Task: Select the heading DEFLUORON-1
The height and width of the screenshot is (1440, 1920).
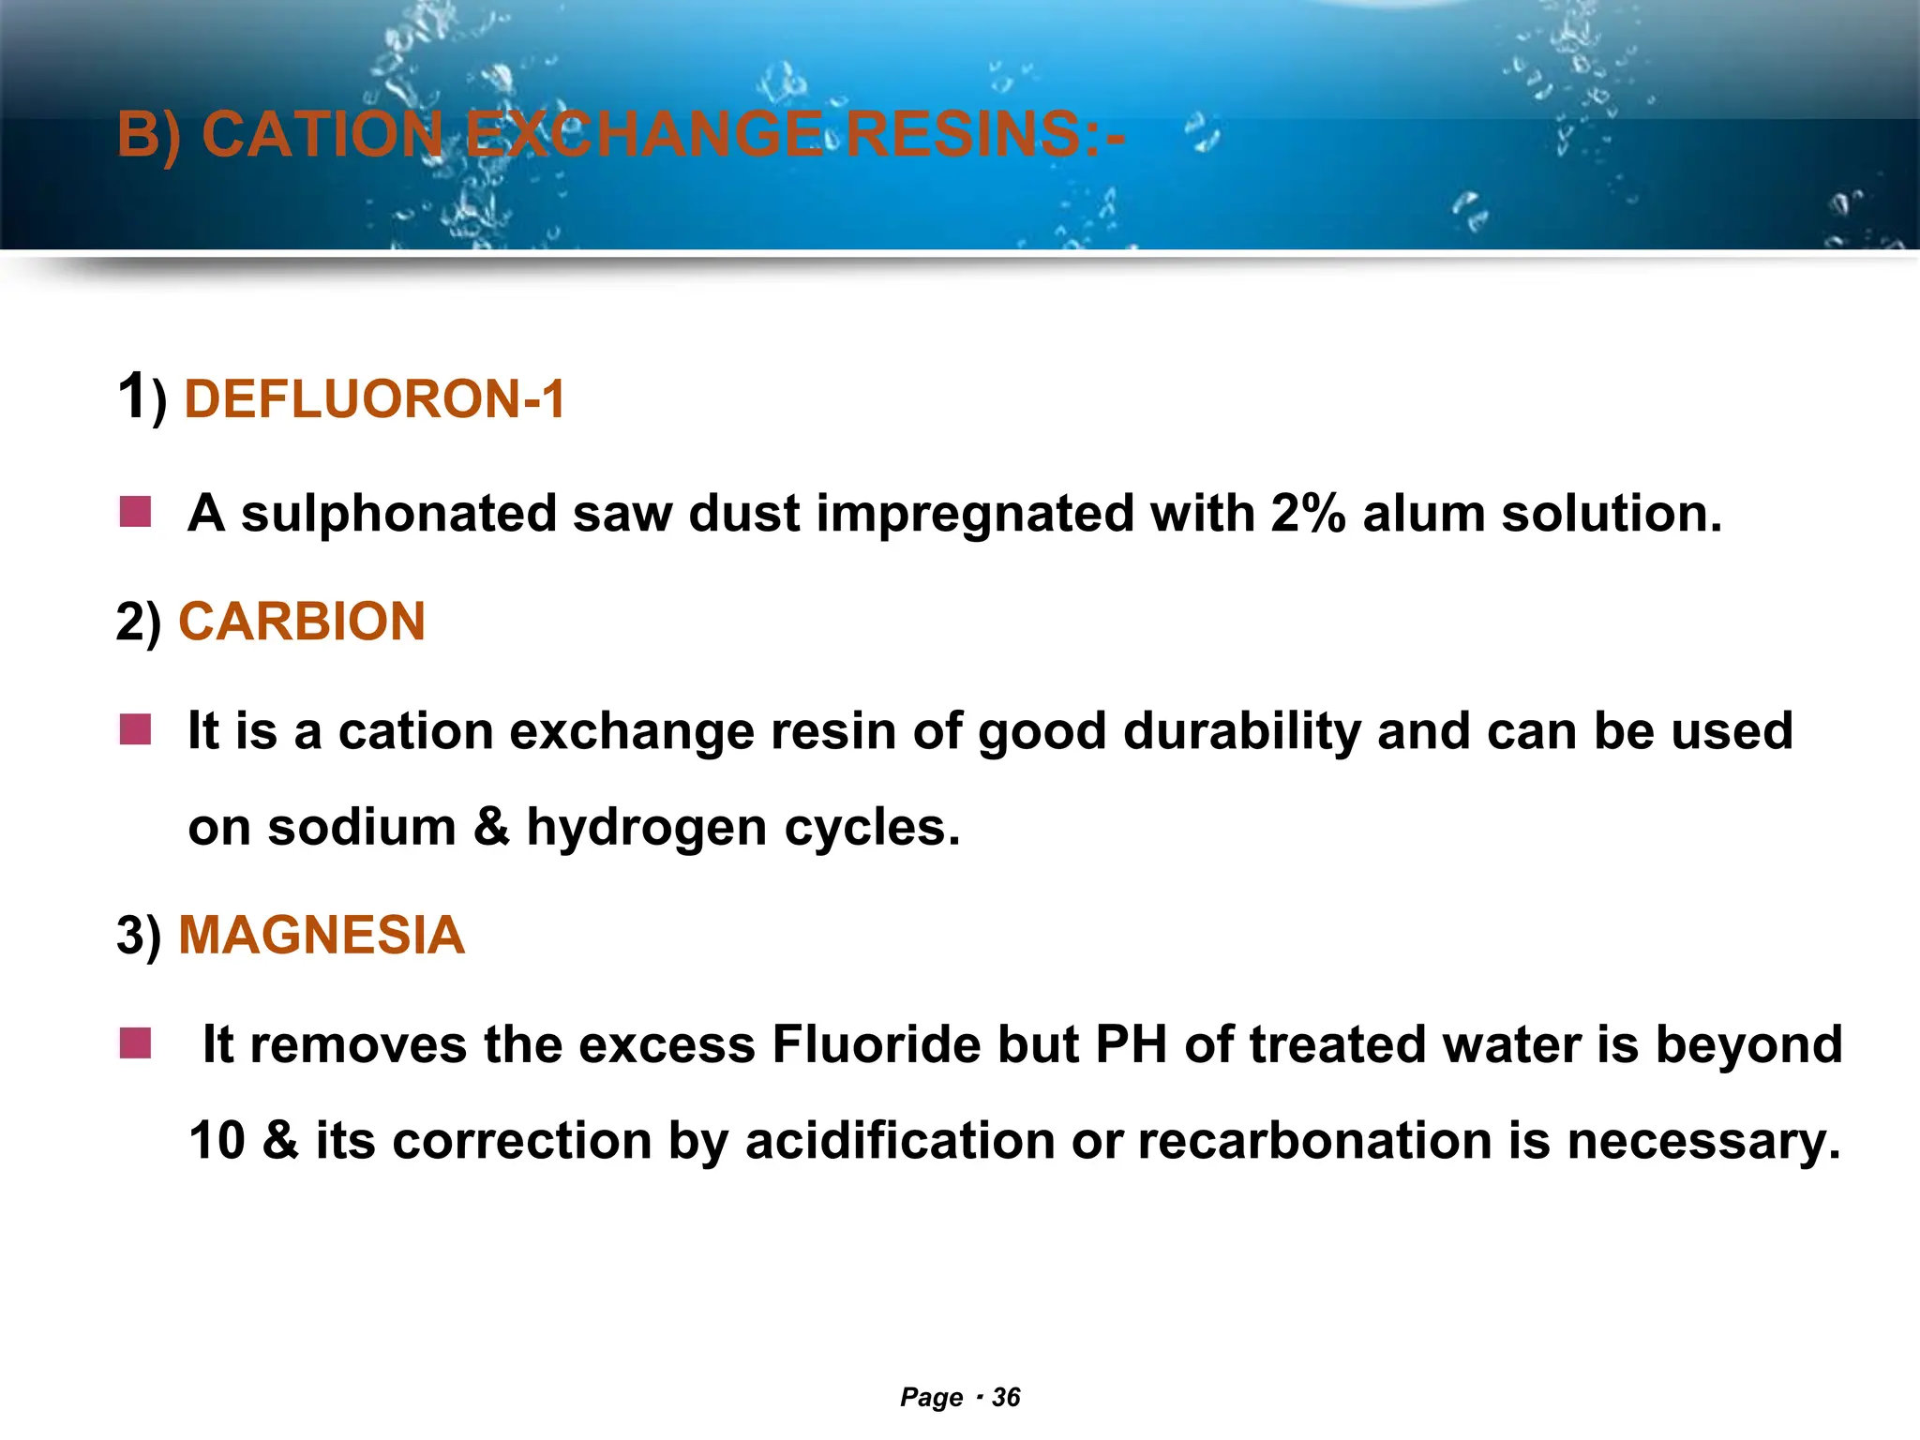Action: [375, 399]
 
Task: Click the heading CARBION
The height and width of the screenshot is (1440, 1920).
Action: [302, 622]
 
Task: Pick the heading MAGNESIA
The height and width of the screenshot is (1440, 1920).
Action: [322, 936]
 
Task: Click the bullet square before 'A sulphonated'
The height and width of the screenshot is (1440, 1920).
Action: [136, 513]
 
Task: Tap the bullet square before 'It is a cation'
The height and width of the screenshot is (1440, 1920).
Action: [136, 729]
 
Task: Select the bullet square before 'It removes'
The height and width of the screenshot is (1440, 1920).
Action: [136, 1042]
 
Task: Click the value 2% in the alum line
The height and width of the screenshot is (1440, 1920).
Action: [1309, 514]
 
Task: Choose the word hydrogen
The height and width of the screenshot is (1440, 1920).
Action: [647, 829]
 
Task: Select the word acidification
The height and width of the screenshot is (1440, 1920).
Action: [900, 1142]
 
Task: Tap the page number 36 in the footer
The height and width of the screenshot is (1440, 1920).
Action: [1006, 1398]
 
